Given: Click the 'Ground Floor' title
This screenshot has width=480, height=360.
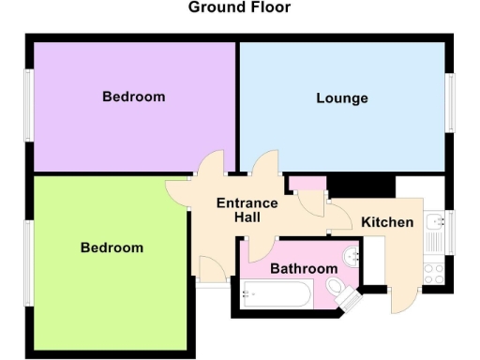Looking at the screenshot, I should click(239, 7).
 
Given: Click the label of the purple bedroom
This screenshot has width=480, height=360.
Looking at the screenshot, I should click(134, 97).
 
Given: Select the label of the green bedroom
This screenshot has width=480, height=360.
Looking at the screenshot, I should click(112, 247).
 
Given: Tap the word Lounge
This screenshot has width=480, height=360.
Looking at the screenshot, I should click(342, 98).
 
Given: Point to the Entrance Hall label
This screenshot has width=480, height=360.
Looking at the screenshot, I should click(247, 210).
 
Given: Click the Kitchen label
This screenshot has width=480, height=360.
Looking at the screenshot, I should click(387, 223).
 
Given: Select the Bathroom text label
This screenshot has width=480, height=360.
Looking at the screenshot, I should click(304, 269).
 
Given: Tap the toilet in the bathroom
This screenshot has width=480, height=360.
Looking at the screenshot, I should click(348, 297).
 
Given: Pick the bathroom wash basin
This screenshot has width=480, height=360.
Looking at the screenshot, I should click(351, 254).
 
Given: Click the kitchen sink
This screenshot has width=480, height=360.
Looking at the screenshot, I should click(434, 223).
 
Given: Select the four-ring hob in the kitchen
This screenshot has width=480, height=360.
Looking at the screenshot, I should click(434, 273).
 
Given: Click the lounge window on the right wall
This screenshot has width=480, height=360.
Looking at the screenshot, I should click(451, 100).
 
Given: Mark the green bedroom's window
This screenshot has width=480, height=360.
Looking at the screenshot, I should click(28, 262).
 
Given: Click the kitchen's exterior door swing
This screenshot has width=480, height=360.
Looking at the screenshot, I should click(402, 300).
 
